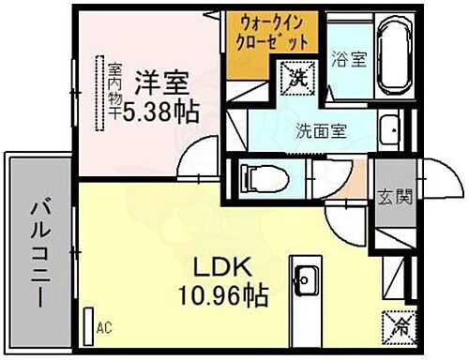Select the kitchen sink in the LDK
click(x=307, y=277)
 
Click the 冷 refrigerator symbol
click(x=393, y=326)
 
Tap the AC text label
click(x=105, y=328)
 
